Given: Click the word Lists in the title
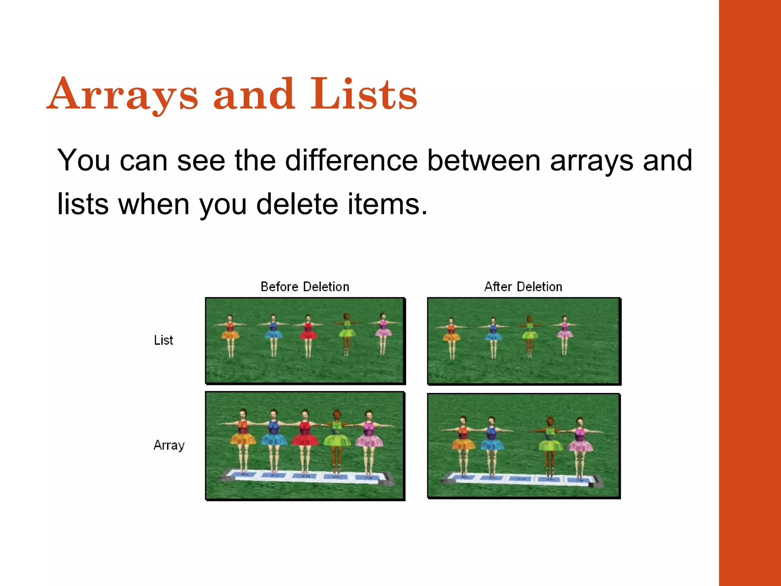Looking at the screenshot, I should (x=364, y=94).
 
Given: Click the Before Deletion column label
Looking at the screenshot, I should (x=305, y=287).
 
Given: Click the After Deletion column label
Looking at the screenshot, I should (x=523, y=287).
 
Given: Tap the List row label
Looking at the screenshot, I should (x=163, y=340).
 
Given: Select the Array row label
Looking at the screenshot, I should (x=169, y=445).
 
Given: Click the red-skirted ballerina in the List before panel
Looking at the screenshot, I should (x=308, y=334).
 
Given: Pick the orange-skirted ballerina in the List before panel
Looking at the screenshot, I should (x=230, y=334).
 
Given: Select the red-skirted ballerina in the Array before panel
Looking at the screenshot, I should (x=305, y=439).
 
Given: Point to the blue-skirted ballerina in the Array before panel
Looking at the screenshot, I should (x=274, y=439).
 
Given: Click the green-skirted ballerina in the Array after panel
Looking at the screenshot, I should (x=550, y=443).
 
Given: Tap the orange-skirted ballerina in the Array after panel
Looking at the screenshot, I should (x=463, y=443).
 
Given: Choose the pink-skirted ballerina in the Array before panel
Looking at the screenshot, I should (x=368, y=439).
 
